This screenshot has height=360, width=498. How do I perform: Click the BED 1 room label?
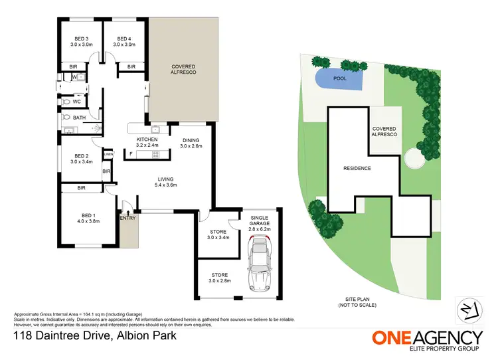click(x=88, y=215)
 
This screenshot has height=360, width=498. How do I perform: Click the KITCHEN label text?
click(x=147, y=139)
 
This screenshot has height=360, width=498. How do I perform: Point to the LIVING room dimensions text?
click(x=165, y=185)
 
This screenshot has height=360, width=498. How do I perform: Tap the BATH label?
click(x=80, y=118)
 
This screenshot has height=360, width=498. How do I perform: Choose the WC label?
click(x=77, y=102)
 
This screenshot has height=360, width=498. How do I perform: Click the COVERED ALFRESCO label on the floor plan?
click(x=183, y=70)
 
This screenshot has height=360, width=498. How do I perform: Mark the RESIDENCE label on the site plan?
click(x=357, y=168)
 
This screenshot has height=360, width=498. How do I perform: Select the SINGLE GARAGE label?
click(x=260, y=221)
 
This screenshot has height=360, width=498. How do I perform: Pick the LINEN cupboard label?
click(x=108, y=154)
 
